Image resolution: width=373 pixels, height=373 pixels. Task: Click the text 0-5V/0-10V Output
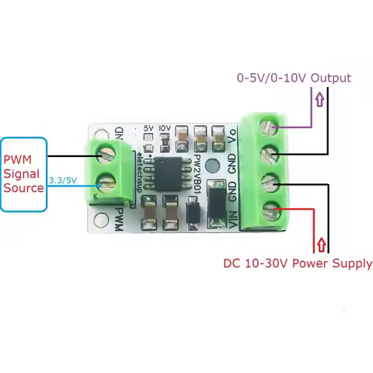pyautogui.click(x=294, y=78)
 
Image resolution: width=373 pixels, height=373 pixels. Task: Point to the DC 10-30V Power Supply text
pyautogui.click(x=298, y=263)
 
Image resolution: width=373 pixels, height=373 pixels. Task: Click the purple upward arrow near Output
pyautogui.click(x=319, y=99)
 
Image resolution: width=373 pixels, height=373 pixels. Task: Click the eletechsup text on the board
pyautogui.click(x=140, y=169)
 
